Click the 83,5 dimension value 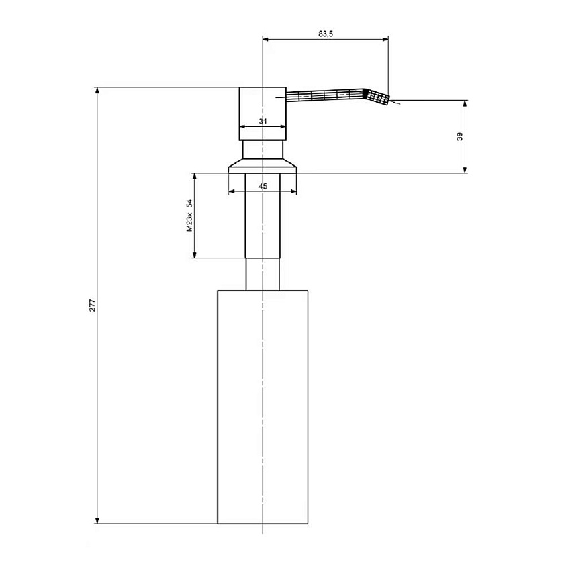coord(326,34)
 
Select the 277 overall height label coord(93,305)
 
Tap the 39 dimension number coord(460,137)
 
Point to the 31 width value coord(263,122)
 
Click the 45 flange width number coord(263,187)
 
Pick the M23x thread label coord(189,222)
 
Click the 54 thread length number coord(189,203)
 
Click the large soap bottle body coord(263,407)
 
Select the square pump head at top coord(263,113)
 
